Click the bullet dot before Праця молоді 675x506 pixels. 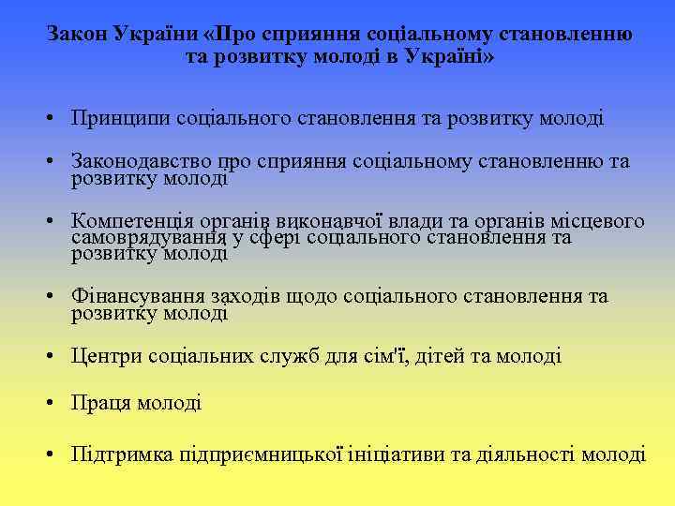(x=58, y=404)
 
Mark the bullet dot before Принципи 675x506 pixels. (x=58, y=119)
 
